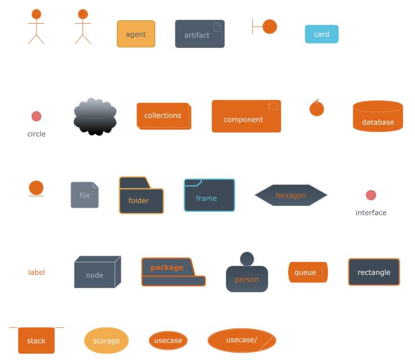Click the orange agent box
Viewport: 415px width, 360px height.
tap(136, 34)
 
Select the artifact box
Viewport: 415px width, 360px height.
tap(199, 34)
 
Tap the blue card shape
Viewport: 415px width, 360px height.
tap(321, 34)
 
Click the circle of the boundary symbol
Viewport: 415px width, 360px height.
tap(270, 27)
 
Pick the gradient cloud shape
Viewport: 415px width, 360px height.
tap(95, 117)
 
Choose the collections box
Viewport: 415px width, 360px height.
tap(163, 115)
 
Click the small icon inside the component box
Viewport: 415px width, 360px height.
tap(273, 106)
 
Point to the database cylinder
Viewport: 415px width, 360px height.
tap(378, 116)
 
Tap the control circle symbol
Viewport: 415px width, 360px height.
tap(316, 108)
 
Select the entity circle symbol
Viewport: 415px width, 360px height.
tap(36, 188)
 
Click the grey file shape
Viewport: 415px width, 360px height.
tap(85, 195)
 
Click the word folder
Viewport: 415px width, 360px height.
tap(138, 201)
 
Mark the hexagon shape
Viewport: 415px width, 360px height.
tap(291, 195)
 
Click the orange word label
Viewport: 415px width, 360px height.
tap(37, 272)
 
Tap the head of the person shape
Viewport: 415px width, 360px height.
tap(247, 259)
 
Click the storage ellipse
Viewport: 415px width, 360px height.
tap(106, 341)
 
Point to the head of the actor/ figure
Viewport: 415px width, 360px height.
tap(83, 14)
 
